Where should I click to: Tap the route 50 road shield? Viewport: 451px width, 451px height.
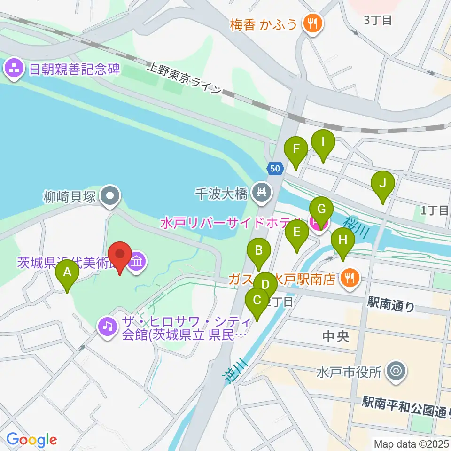click(275, 168)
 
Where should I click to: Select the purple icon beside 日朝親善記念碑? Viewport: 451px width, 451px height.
click(15, 70)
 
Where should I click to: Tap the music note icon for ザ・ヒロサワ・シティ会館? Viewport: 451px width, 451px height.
click(108, 324)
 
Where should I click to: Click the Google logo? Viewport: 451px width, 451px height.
click(32, 440)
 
